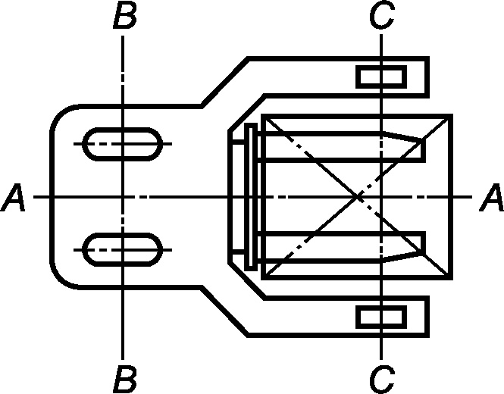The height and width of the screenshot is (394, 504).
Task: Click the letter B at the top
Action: (x=125, y=15)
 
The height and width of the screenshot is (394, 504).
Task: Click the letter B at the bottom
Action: (x=125, y=379)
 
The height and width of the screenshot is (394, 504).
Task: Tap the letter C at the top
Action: (x=381, y=15)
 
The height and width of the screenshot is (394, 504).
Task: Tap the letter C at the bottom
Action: (x=381, y=379)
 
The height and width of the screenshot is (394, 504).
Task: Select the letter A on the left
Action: (x=13, y=197)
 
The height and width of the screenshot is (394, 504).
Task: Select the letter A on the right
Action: (x=491, y=197)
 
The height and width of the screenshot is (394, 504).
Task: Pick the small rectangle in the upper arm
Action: (x=381, y=77)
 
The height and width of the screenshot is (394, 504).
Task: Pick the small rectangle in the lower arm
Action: (x=381, y=317)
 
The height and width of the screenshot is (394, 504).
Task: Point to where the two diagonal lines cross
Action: (x=358, y=196)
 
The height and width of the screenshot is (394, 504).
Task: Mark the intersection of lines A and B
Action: (x=123, y=197)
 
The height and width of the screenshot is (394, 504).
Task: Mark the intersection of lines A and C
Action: (x=381, y=197)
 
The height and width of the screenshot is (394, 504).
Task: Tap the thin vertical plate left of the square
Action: (x=251, y=197)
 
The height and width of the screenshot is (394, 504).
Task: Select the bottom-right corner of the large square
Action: (x=451, y=278)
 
